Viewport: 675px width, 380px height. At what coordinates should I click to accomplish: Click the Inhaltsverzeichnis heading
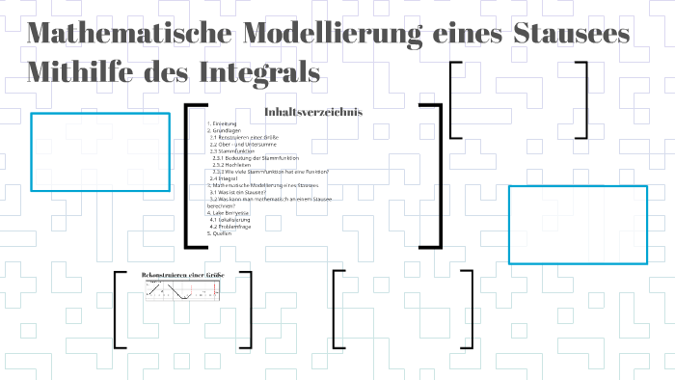[313, 112]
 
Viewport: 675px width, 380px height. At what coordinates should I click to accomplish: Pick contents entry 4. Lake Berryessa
[231, 212]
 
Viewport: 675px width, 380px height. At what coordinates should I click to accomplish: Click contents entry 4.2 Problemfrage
[230, 226]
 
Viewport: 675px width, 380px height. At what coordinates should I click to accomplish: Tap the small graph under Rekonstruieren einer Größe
[183, 291]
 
